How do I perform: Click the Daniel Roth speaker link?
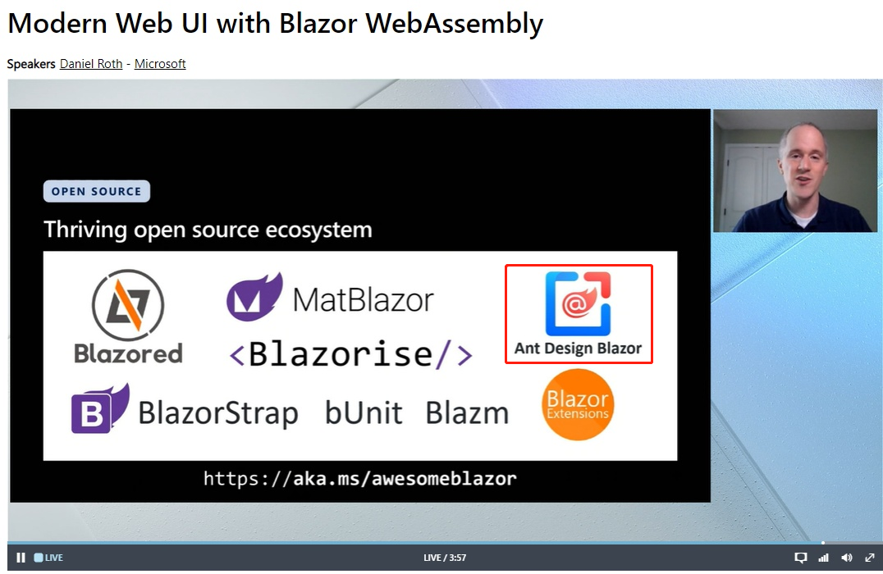[91, 64]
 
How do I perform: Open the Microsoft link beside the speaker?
[160, 64]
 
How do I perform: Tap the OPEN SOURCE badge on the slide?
[96, 191]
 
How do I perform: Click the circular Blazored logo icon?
[128, 305]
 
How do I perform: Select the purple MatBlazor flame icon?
[254, 297]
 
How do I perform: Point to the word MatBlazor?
[364, 299]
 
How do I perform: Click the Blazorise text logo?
[351, 354]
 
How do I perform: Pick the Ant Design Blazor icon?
[578, 304]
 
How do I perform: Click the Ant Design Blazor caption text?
[578, 348]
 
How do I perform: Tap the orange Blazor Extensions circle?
[578, 404]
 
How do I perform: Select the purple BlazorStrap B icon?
[99, 408]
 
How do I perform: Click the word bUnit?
[364, 413]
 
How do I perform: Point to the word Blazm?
[467, 413]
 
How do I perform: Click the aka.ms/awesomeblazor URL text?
[359, 479]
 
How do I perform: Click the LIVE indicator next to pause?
[48, 558]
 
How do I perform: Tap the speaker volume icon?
[846, 558]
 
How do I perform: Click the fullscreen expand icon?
[870, 558]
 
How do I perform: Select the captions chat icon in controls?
[800, 558]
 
